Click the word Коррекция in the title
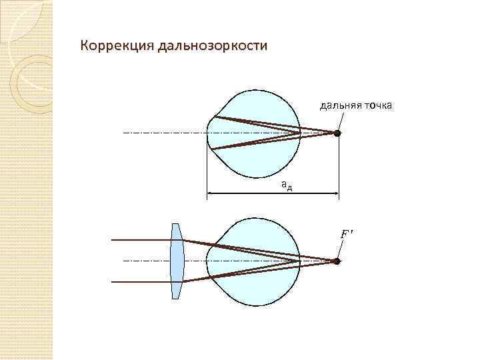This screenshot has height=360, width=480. click(116, 47)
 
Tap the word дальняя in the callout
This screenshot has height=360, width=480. click(341, 105)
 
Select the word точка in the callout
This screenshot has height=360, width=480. click(379, 105)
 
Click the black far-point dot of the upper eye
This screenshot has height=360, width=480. click(337, 133)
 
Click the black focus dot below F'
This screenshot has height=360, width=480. click(337, 261)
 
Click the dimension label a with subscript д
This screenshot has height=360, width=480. click(285, 184)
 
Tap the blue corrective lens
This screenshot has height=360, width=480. click(176, 261)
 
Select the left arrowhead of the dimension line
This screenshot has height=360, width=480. click(211, 195)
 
